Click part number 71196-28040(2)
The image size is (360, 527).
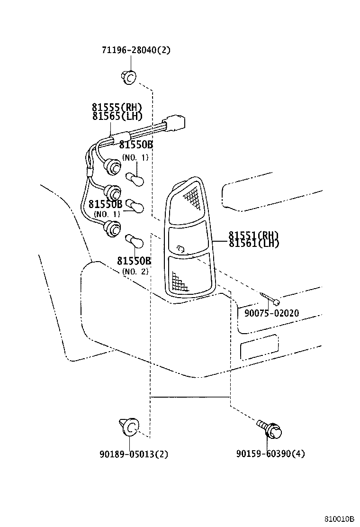pyautogui.click(x=136, y=50)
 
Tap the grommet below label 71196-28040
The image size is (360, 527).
pyautogui.click(x=129, y=77)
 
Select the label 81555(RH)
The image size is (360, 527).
pyautogui.click(x=117, y=107)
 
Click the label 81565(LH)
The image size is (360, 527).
pyautogui.click(x=117, y=116)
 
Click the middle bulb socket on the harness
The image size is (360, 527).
pyautogui.click(x=112, y=193)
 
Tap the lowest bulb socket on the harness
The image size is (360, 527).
pyautogui.click(x=112, y=229)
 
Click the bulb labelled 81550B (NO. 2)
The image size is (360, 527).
pyautogui.click(x=135, y=241)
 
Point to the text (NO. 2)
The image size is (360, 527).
pyautogui.click(x=135, y=271)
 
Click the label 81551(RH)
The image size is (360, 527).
pyautogui.click(x=253, y=235)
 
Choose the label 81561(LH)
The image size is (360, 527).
pyautogui.click(x=254, y=243)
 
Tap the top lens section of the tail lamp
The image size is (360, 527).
pyautogui.click(x=186, y=202)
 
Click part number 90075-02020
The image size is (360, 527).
pyautogui.click(x=271, y=313)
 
